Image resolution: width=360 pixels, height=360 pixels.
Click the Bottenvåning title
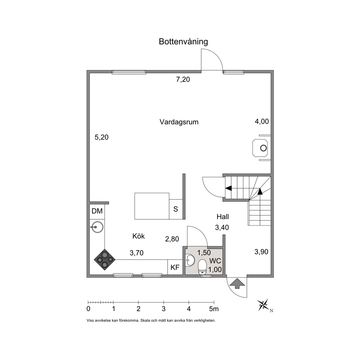183,42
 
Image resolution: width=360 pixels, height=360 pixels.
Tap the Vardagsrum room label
179,122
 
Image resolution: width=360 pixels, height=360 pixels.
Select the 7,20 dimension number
183,79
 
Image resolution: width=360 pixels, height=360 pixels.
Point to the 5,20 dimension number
102,137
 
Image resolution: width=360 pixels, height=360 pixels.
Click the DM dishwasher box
97,211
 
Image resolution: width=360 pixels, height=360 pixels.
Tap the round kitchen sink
97,227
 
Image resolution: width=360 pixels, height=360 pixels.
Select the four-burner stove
105,259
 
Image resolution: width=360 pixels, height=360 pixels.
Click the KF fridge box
175,267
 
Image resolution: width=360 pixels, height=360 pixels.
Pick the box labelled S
176,209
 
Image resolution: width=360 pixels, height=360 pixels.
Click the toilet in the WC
202,267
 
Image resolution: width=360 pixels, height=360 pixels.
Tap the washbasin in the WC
190,260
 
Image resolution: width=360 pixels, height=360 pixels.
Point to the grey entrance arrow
237,283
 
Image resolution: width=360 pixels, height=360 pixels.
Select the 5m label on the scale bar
214,309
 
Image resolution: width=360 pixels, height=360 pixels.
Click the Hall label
223,217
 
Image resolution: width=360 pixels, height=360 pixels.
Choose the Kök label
138,236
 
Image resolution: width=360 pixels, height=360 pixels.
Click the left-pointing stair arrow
228,188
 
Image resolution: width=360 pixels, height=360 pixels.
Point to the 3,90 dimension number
261,252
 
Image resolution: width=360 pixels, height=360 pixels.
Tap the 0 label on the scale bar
89,309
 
